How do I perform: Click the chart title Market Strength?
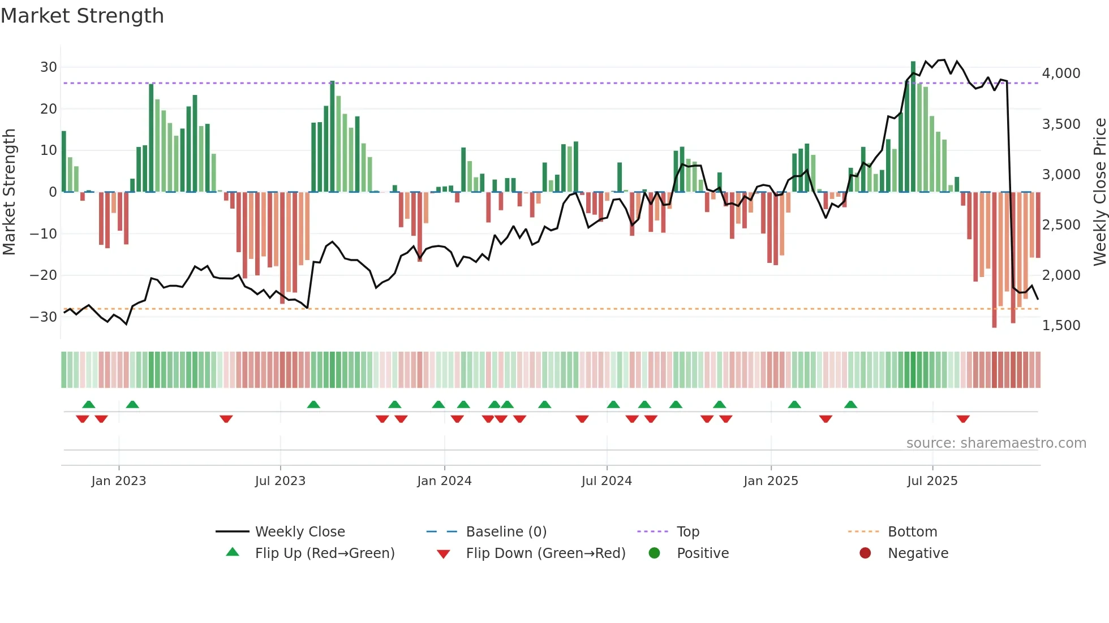(x=83, y=16)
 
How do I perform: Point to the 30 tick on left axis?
(x=49, y=67)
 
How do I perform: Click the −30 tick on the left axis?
(x=44, y=317)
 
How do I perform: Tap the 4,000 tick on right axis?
(x=1061, y=73)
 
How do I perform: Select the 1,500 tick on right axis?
(x=1061, y=326)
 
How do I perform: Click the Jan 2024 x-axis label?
(x=444, y=481)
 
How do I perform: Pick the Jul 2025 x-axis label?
(x=932, y=481)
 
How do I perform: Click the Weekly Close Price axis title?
(x=1099, y=192)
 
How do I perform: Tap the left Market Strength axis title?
(x=9, y=192)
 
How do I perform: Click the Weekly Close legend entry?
(x=299, y=532)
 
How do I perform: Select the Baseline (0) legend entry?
(x=506, y=532)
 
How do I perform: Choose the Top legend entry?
(x=687, y=532)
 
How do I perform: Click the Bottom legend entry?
(x=912, y=532)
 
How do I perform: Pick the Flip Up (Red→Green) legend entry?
(x=324, y=553)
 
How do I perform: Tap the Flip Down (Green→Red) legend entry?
(x=545, y=553)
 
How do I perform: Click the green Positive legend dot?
(x=655, y=553)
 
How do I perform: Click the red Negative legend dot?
(x=865, y=553)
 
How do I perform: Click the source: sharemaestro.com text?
(x=996, y=443)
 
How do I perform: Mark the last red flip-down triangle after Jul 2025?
(x=963, y=419)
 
